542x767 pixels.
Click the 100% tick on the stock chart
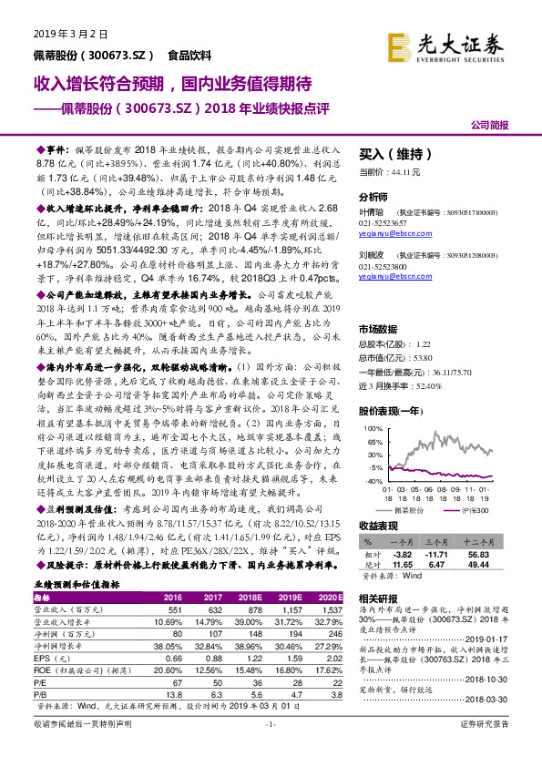tap(373, 427)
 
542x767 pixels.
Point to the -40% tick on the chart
tap(373, 479)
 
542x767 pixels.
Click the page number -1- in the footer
tap(271, 749)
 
